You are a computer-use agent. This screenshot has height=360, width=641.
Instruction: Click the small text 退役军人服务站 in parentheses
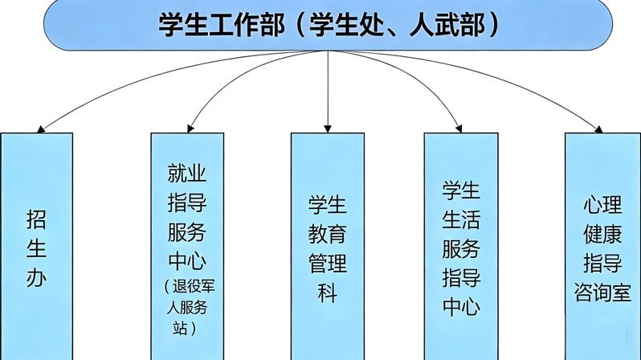(x=186, y=306)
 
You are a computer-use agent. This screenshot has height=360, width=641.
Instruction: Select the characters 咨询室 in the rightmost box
(x=602, y=290)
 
